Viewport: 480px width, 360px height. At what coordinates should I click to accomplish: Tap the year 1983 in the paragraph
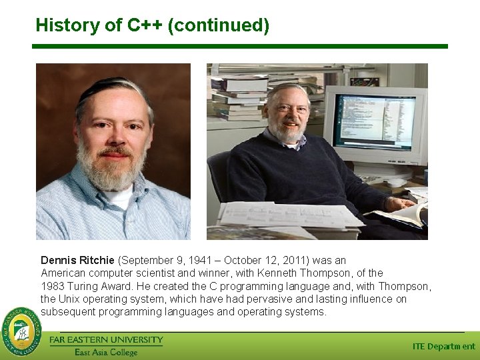(52, 286)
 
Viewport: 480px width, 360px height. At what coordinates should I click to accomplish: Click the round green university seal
(21, 332)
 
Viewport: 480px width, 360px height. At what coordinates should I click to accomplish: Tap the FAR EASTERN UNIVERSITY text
(106, 340)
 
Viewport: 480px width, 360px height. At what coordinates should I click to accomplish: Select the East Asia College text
(106, 352)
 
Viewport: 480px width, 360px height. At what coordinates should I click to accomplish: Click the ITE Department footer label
(444, 347)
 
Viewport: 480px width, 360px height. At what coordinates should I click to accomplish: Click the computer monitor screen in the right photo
(374, 118)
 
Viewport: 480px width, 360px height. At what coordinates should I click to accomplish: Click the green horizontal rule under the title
(240, 47)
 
